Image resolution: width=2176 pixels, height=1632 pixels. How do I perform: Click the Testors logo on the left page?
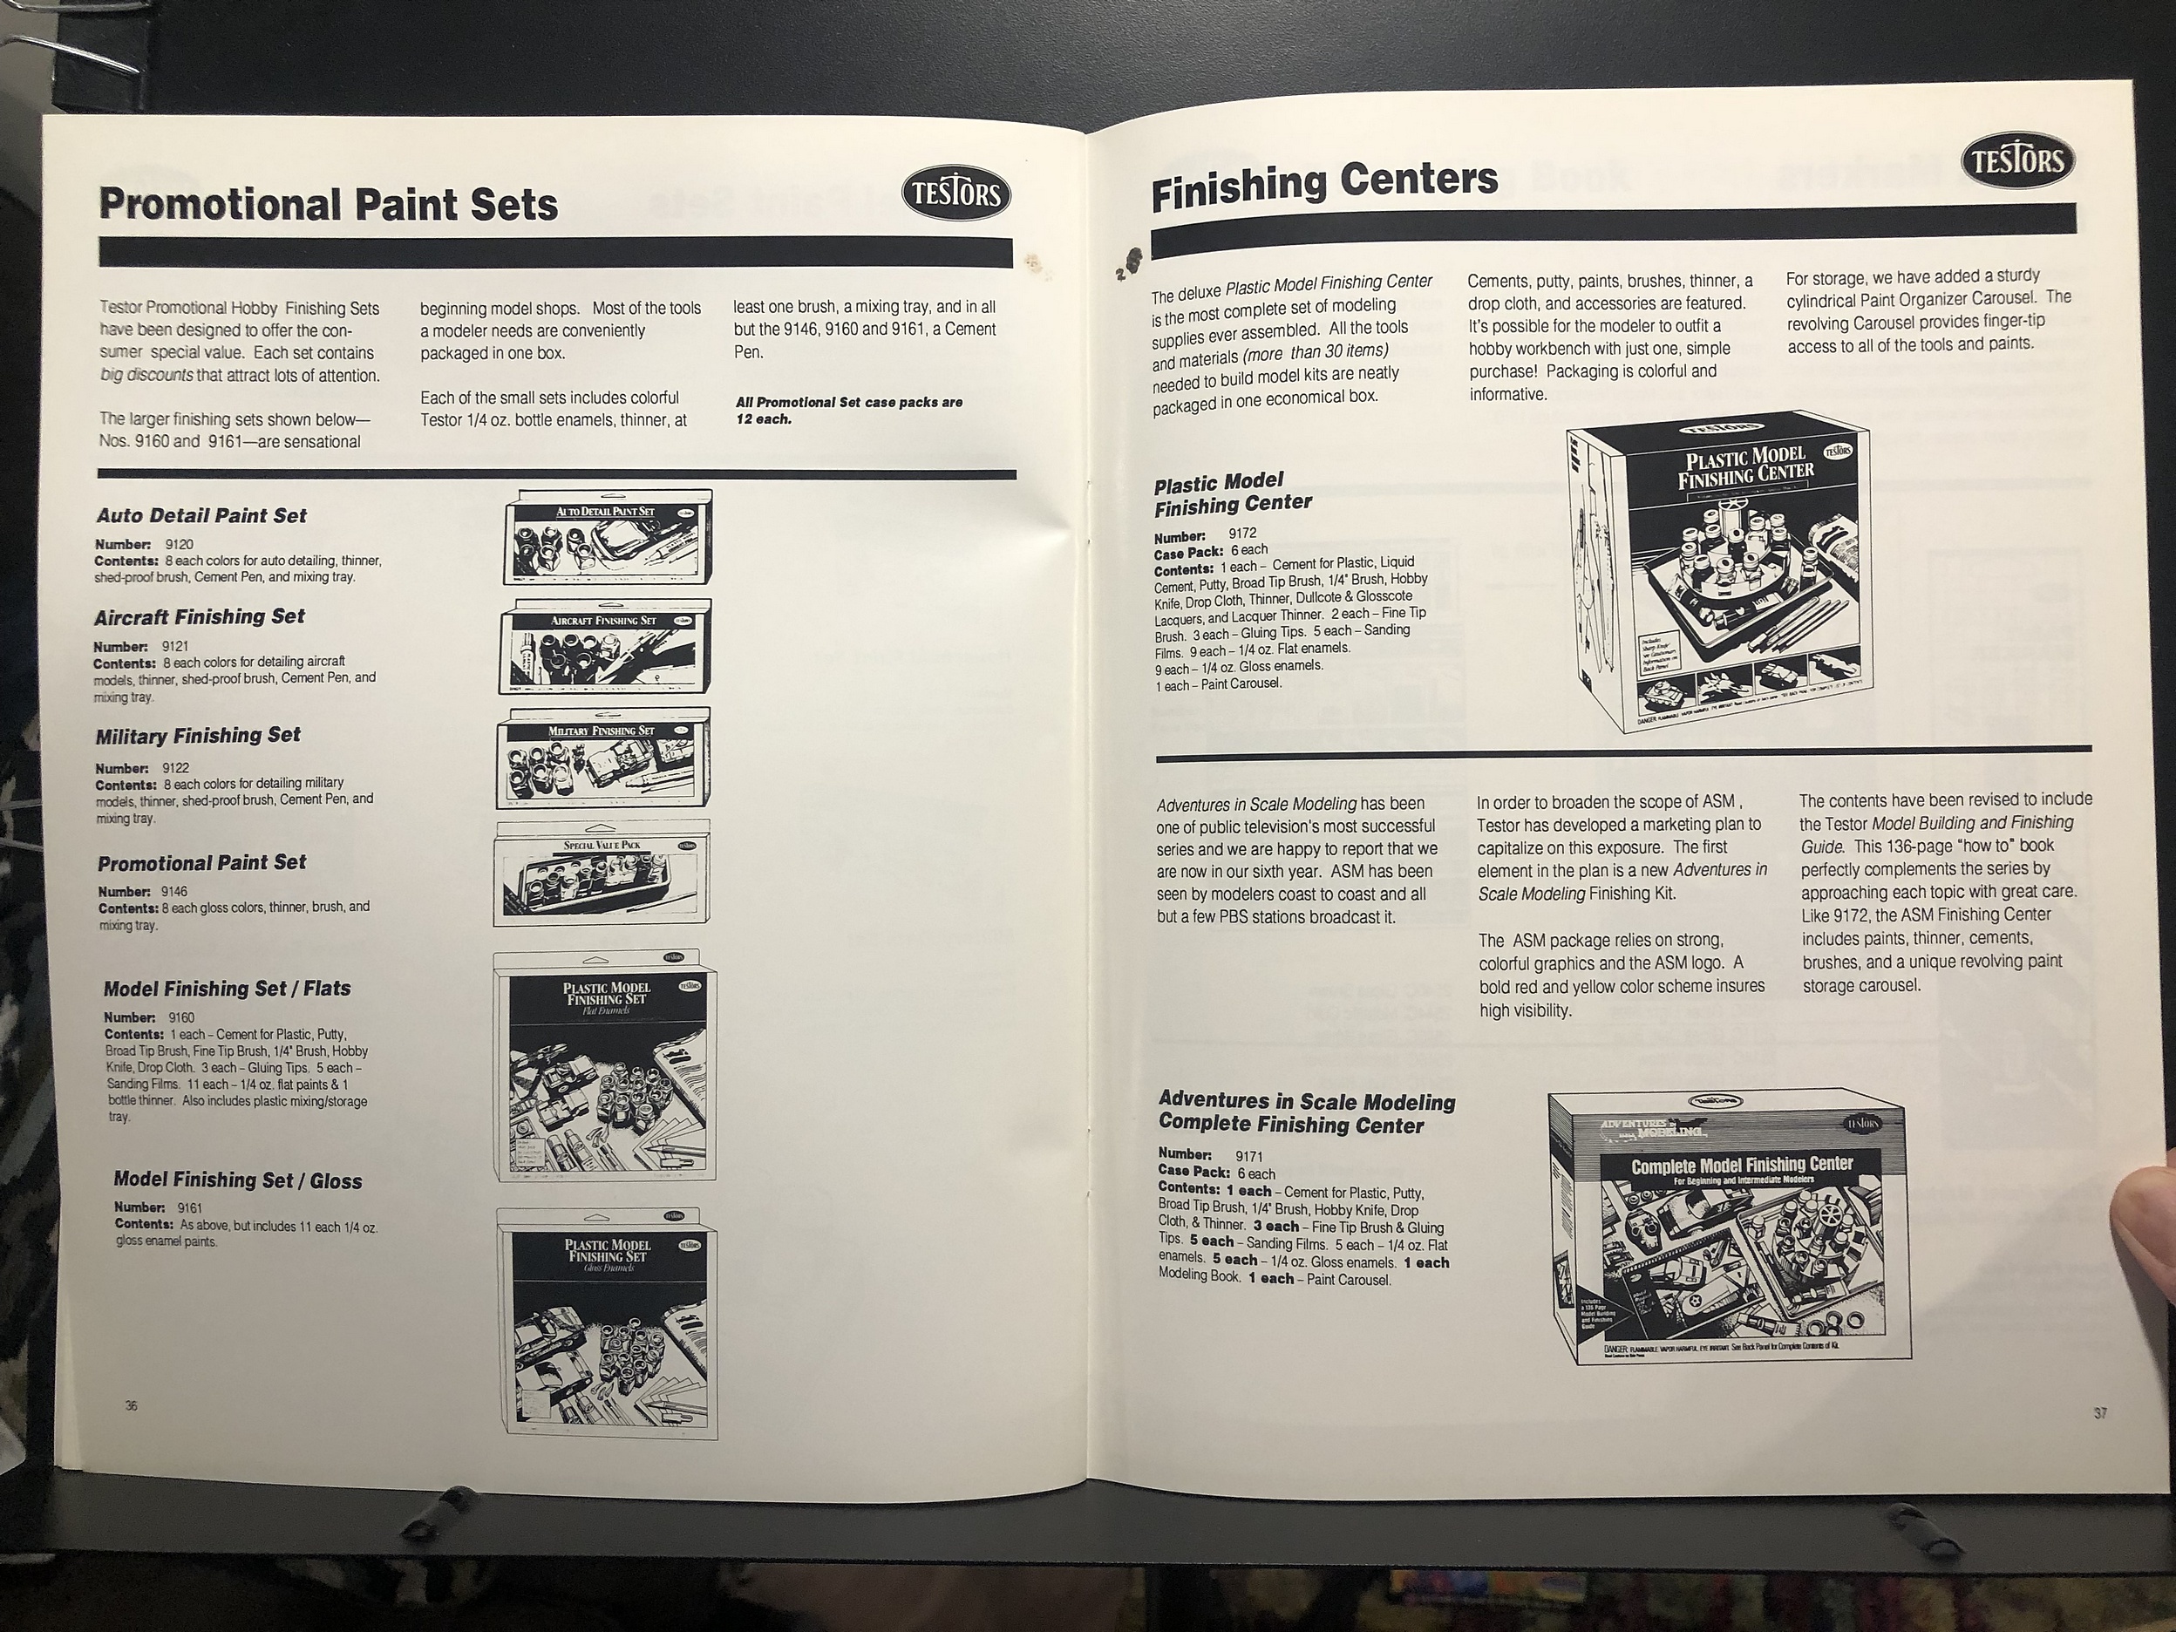(957, 194)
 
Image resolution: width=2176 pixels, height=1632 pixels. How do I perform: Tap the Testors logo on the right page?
(2016, 160)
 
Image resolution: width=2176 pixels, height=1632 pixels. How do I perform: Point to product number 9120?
(179, 544)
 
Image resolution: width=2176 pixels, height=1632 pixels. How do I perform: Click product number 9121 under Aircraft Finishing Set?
(177, 646)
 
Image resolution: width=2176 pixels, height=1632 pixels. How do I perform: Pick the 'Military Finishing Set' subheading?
(198, 736)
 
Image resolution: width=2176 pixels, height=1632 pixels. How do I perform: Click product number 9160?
(181, 1017)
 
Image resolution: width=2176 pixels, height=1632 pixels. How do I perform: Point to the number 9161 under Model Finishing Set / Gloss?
(190, 1207)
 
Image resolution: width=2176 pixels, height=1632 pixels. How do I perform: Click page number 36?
(132, 1404)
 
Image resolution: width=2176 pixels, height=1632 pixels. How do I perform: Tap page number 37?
(2098, 1413)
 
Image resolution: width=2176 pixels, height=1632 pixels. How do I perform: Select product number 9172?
(1242, 534)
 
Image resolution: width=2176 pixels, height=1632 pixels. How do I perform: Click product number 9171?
(1249, 1157)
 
